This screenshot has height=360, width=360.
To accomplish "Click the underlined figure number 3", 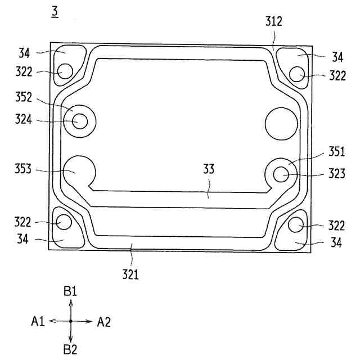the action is (x=55, y=11).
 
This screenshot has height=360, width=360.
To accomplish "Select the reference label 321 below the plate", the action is (x=131, y=276).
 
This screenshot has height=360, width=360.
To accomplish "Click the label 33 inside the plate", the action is (x=209, y=168).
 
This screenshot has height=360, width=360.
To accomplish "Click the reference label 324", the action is (x=23, y=120).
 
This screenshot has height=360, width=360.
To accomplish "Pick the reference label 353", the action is (x=23, y=169).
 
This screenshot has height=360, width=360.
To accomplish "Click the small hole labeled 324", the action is (x=79, y=121).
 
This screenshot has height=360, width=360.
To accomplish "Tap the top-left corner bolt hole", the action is (x=66, y=72).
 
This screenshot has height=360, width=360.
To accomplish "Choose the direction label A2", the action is (x=104, y=322).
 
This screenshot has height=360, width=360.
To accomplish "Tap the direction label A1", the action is (x=38, y=322).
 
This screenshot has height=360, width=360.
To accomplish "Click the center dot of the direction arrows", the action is (x=70, y=321).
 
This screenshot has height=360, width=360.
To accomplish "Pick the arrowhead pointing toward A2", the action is (x=89, y=321).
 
